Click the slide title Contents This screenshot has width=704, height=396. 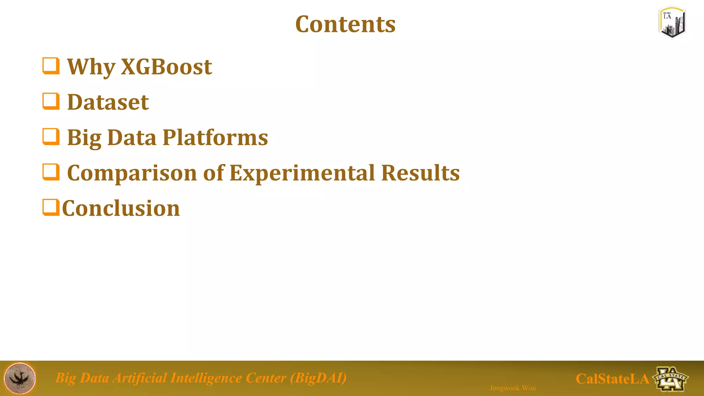pos(345,24)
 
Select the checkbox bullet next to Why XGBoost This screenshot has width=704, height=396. pos(51,66)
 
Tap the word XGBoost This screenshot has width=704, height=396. pos(166,67)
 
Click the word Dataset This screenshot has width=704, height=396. pos(108,102)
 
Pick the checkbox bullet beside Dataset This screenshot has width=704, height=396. pos(51,101)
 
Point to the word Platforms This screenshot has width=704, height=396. pos(215,137)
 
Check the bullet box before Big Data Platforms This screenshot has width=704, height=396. pos(51,136)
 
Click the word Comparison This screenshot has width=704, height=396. pos(132,173)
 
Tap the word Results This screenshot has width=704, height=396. pos(420,173)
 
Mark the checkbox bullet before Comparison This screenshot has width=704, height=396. pos(51,172)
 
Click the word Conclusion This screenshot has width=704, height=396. pos(121,208)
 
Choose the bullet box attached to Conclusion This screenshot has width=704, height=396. pos(51,207)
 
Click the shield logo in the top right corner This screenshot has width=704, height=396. pos(672,22)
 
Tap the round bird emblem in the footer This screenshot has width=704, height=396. pos(20,378)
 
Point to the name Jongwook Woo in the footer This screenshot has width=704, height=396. pos(513,388)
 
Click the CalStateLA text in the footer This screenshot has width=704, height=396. pos(612,379)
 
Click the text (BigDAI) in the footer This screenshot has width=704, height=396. pos(318,378)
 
